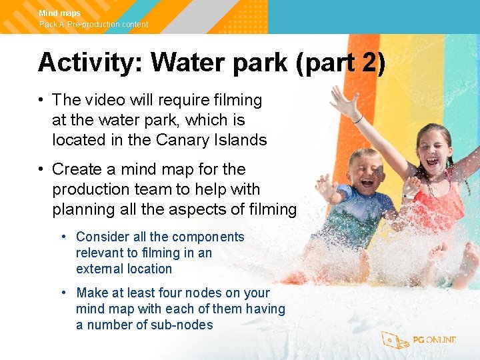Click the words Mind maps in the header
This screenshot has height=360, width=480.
coord(59,13)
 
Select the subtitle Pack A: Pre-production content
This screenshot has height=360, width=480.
coord(93,25)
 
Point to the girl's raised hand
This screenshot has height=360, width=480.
coord(343,101)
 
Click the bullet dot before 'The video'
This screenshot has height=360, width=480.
coord(41,100)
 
